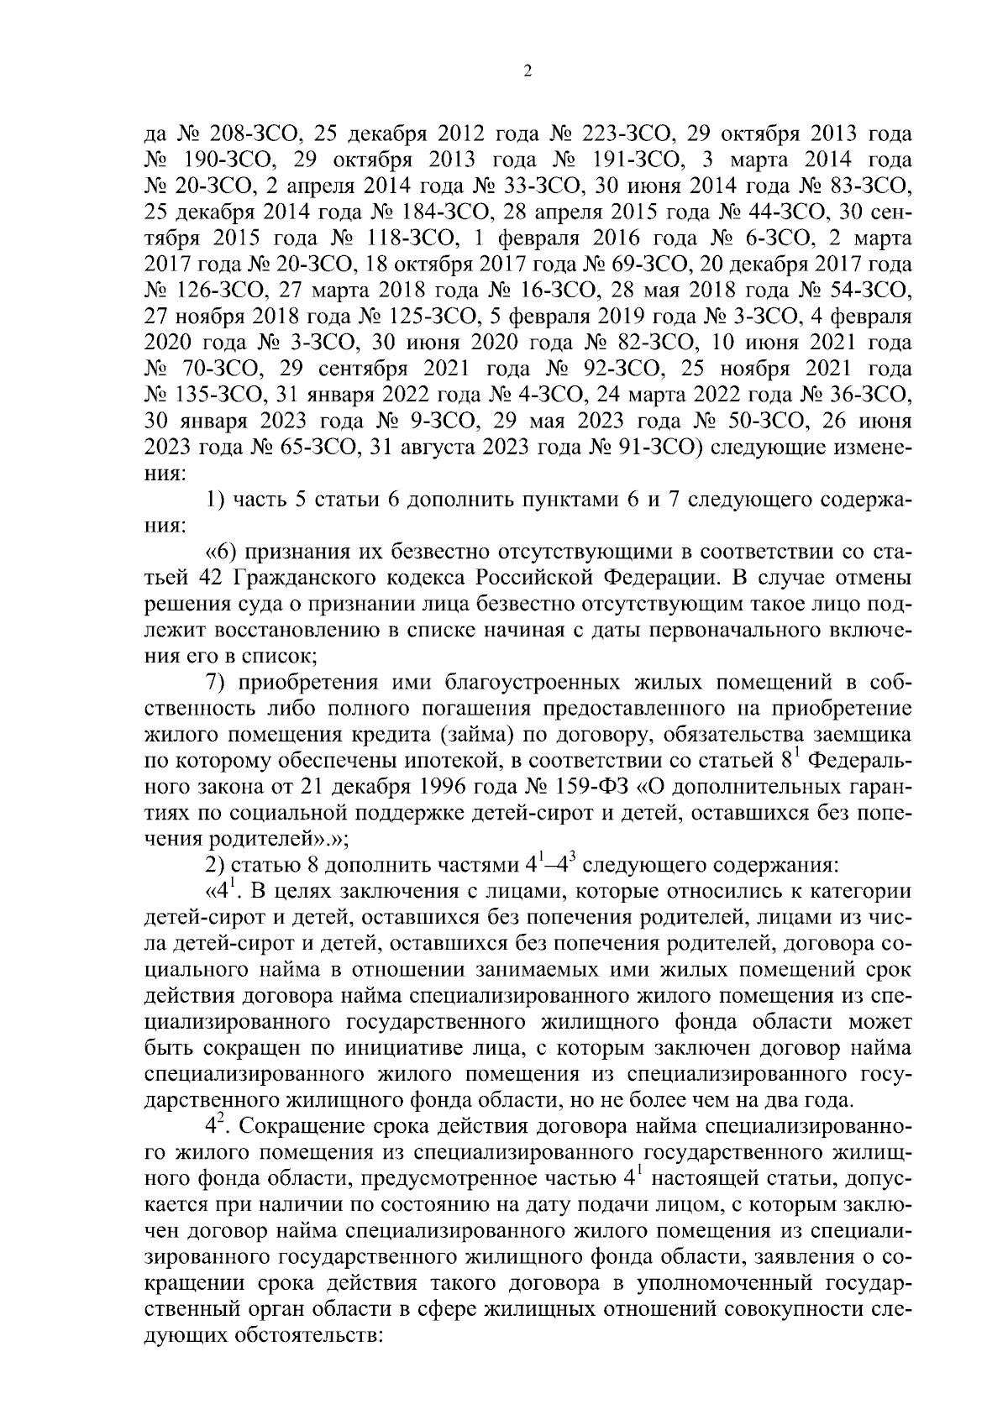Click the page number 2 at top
(x=527, y=72)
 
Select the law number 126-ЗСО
(x=222, y=291)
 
